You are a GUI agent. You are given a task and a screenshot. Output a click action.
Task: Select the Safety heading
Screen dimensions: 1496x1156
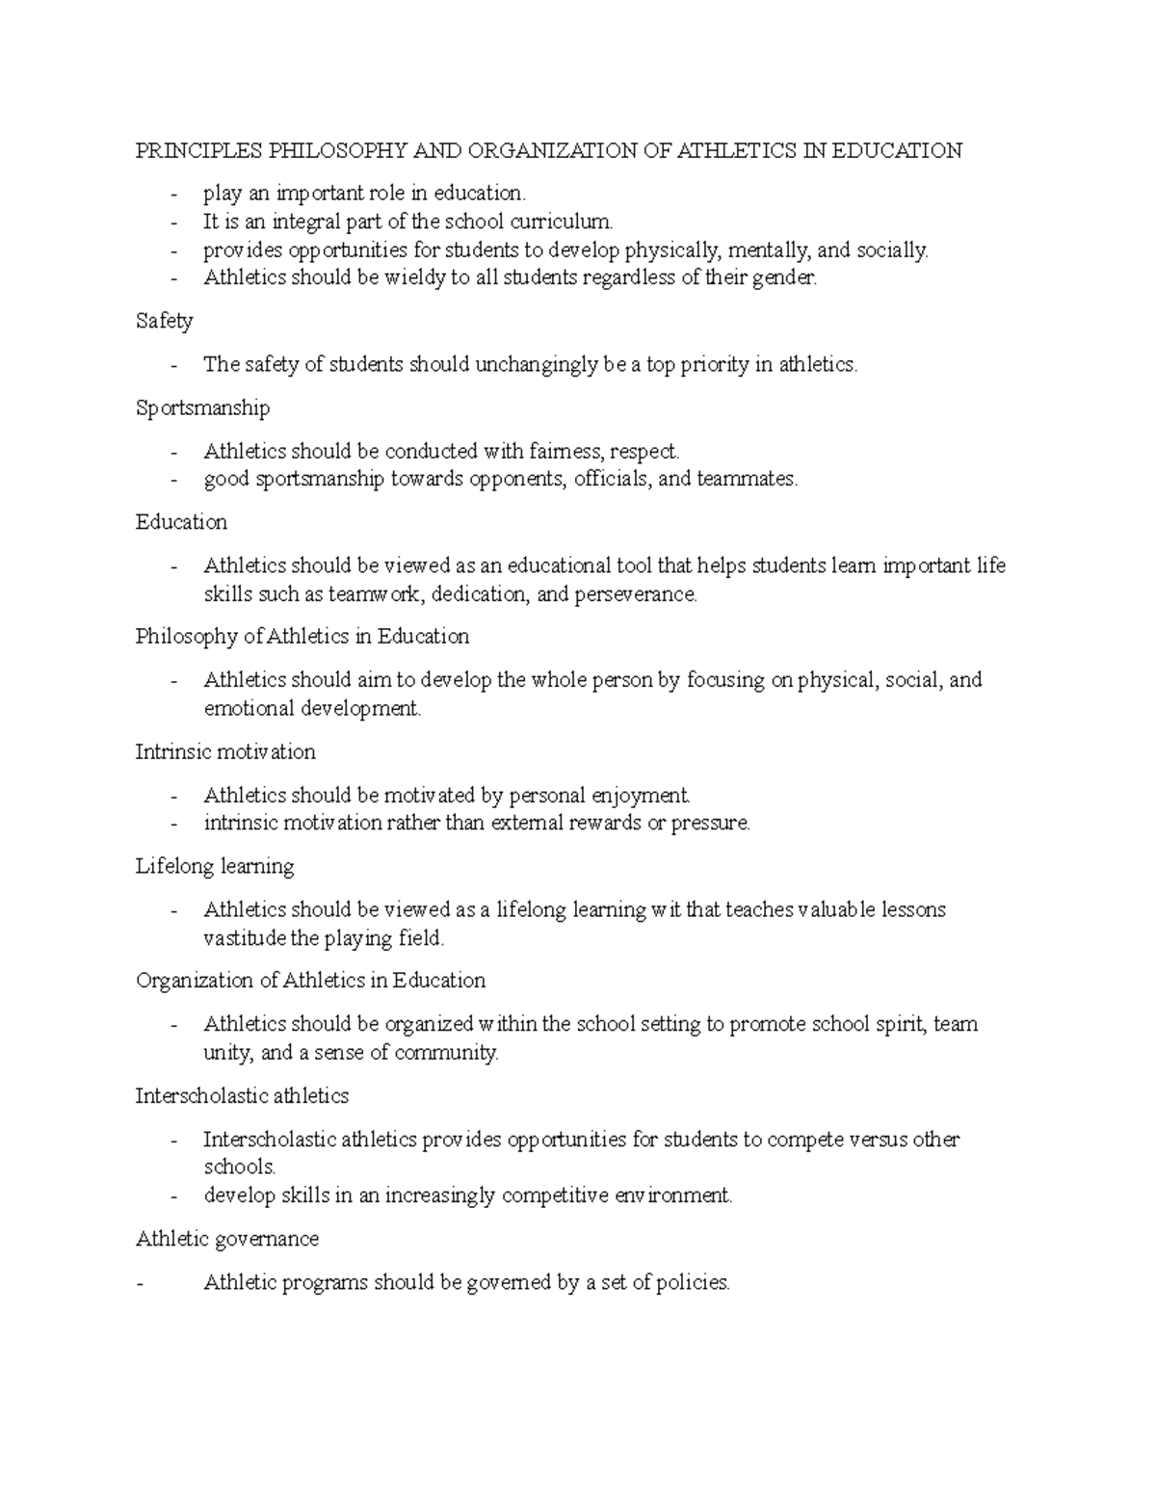click(165, 322)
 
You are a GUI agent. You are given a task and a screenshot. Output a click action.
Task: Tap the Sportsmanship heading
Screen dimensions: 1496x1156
click(202, 408)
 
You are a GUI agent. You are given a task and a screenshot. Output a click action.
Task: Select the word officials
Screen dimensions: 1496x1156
click(613, 479)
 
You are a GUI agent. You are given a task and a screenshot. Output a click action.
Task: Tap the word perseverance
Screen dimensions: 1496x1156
click(635, 594)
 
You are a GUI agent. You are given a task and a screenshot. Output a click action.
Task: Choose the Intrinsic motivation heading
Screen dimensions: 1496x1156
click(225, 751)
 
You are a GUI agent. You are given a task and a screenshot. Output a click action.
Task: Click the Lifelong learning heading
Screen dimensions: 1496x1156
click(215, 866)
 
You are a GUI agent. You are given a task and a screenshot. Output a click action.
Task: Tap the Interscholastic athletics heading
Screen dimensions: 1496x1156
click(242, 1096)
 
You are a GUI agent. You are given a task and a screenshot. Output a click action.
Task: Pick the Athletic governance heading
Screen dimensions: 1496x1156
click(227, 1239)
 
